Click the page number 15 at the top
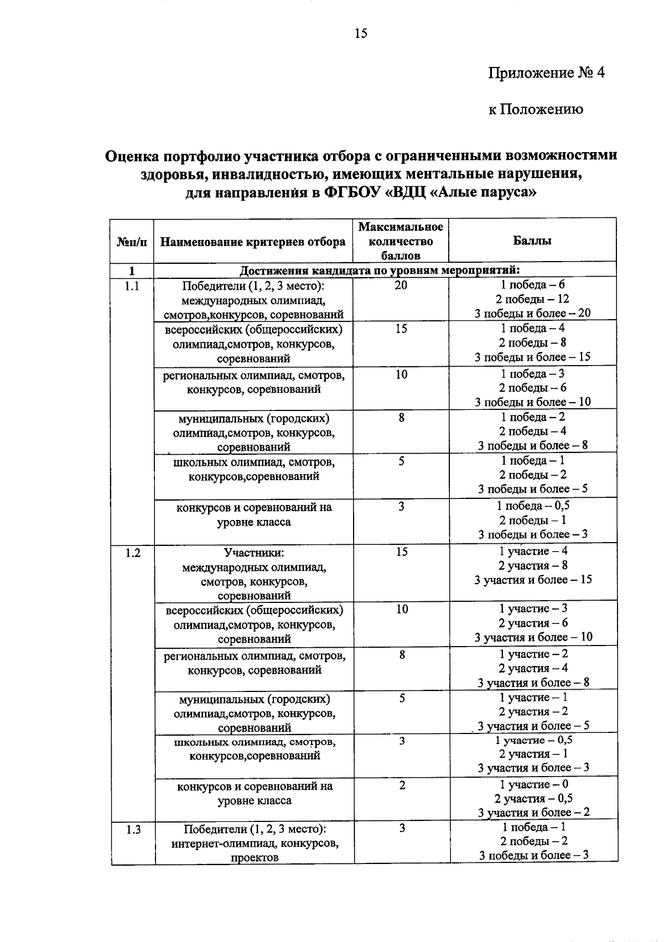coord(361,34)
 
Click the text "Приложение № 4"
coord(547,73)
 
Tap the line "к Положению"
coord(536,109)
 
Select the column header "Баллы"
coord(532,241)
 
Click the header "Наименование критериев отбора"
coord(253,242)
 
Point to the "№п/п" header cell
coord(132,242)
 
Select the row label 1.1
coord(132,285)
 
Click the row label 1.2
coord(132,552)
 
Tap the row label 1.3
coord(133,829)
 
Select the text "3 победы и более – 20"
coord(532,313)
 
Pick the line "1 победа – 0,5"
coord(533,506)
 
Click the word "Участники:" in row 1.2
coord(253,553)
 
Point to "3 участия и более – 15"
coord(533,580)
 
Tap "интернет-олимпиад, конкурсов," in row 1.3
coord(255,844)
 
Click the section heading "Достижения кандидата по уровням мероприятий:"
coord(380,270)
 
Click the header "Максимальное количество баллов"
coord(401,241)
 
